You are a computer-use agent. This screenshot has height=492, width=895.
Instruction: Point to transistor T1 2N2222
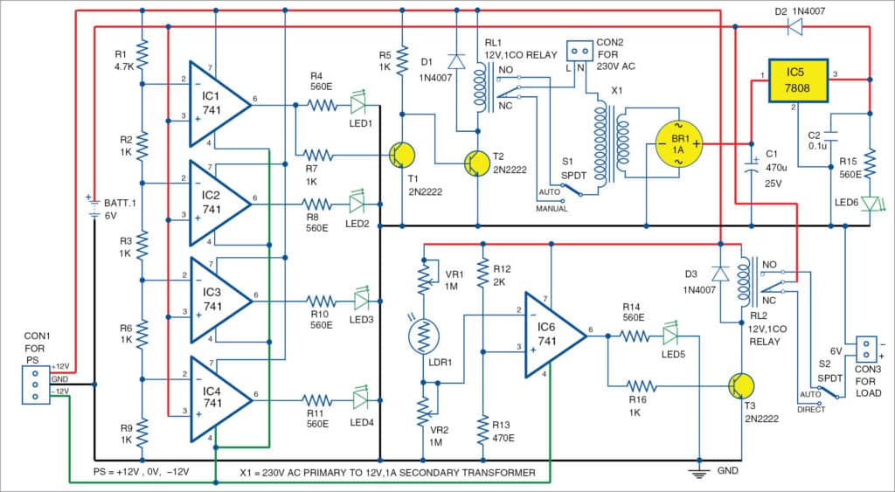click(x=401, y=156)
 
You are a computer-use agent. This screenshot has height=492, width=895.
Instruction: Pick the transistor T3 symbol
click(x=740, y=385)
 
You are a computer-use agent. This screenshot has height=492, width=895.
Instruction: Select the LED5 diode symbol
click(x=670, y=335)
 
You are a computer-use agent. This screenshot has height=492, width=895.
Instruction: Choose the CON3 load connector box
click(x=865, y=349)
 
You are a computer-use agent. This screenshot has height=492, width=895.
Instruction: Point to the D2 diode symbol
click(x=795, y=27)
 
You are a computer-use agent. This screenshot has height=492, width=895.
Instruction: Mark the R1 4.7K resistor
click(x=142, y=52)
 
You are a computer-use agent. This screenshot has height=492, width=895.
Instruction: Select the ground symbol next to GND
click(x=699, y=473)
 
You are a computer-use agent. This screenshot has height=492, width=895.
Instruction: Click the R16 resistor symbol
click(x=641, y=385)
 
